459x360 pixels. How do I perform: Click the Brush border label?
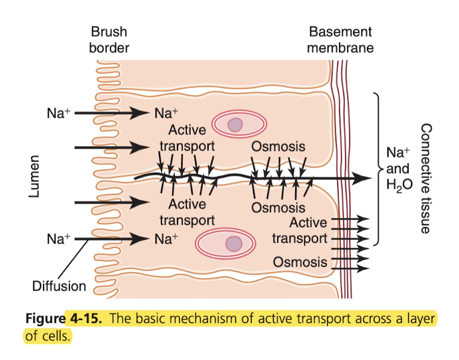(108, 39)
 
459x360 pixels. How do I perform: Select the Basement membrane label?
(340, 39)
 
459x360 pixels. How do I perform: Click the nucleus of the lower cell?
(234, 243)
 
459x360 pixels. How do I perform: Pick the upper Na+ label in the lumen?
(58, 112)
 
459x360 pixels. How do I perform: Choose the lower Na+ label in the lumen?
(58, 239)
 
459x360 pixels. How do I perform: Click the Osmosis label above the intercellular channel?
(278, 147)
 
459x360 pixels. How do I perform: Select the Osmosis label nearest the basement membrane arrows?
(299, 261)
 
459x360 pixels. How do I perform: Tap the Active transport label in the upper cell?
(186, 137)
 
